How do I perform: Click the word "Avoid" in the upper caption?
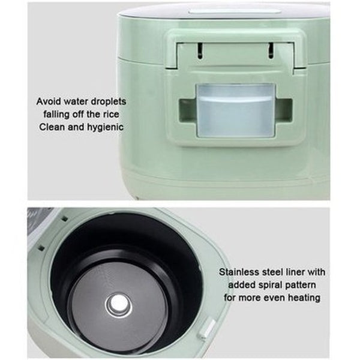tap(50, 101)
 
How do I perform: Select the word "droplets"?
tap(107, 101)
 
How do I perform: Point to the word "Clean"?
tap(52, 127)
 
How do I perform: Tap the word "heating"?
tap(303, 297)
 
